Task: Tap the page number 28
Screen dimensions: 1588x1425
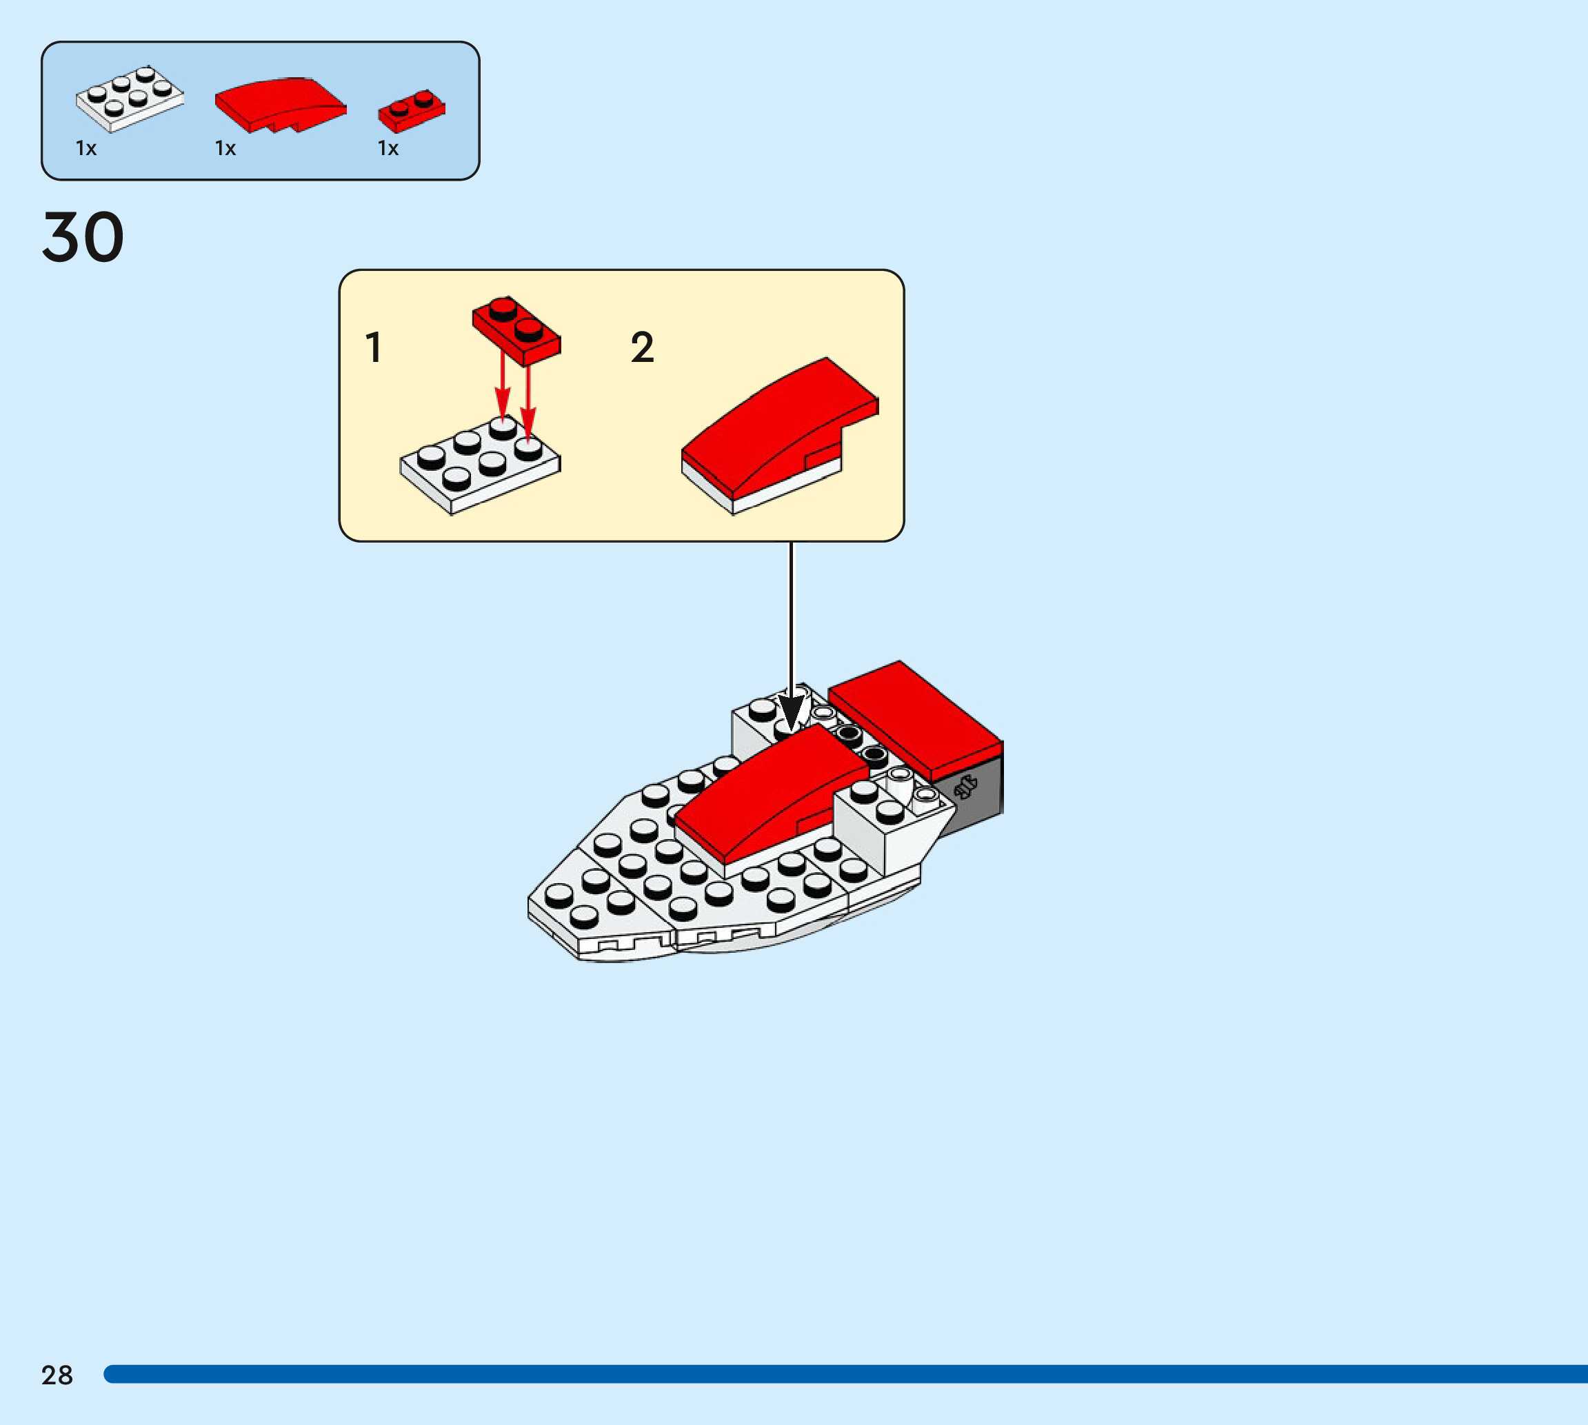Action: (57, 1375)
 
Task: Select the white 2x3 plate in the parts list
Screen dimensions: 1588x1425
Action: (129, 99)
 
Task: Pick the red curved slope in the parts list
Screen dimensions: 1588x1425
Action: (279, 103)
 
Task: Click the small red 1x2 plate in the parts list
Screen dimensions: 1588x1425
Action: (411, 111)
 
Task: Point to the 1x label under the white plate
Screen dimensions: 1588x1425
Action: (86, 148)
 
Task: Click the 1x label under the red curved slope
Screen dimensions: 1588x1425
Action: (225, 148)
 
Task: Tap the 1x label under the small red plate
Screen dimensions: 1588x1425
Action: (388, 148)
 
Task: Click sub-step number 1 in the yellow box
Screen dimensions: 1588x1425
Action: (374, 347)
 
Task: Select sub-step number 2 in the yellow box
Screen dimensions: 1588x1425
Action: (642, 347)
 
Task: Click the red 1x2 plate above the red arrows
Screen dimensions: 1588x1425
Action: (516, 329)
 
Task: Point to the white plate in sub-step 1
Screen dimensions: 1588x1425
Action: (479, 469)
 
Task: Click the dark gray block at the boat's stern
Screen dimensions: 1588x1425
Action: (975, 795)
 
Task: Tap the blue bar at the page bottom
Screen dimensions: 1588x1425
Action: (845, 1374)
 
